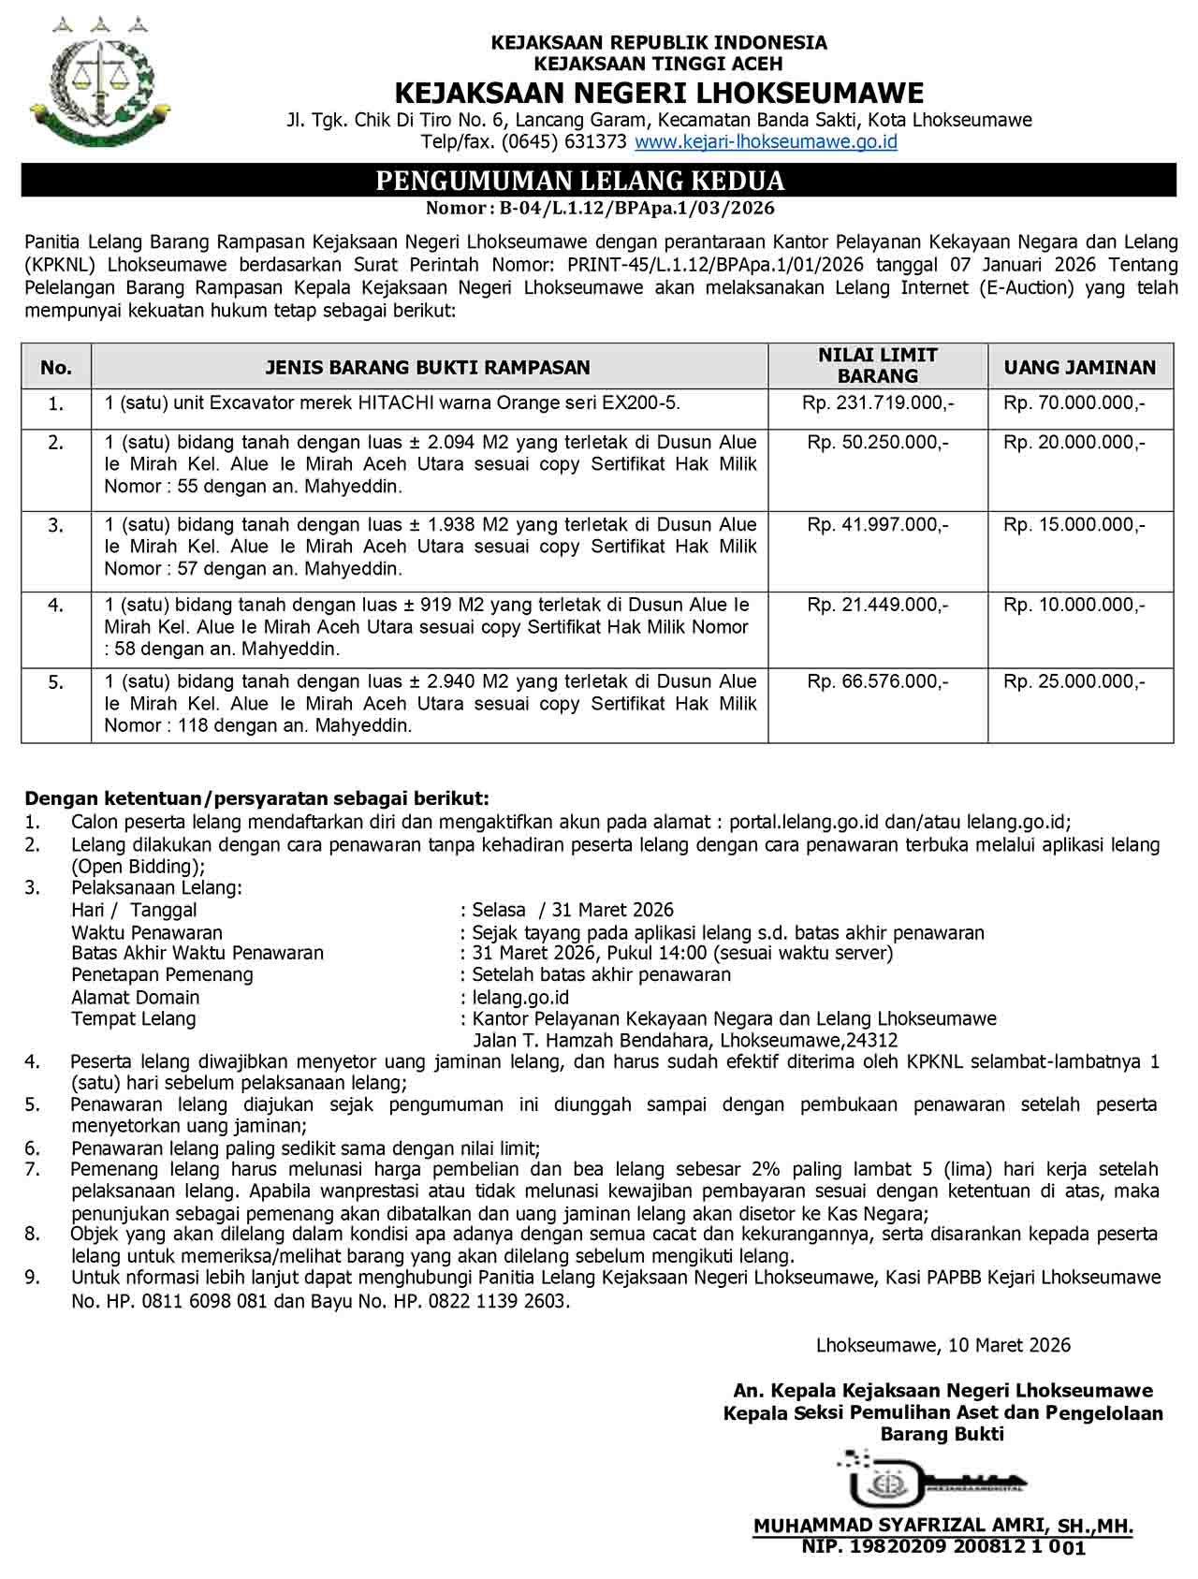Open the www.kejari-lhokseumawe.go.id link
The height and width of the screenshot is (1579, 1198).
(766, 142)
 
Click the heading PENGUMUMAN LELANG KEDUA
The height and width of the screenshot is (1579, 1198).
(580, 181)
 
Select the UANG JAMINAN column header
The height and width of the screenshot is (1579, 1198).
(1079, 367)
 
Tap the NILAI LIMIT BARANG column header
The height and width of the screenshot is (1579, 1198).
(877, 365)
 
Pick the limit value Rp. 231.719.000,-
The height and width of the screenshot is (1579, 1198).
(878, 403)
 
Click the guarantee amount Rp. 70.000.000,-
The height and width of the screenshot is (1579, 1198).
(1074, 403)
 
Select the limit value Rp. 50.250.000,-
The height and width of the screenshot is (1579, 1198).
(878, 442)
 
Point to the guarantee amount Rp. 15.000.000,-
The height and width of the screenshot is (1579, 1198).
(1074, 524)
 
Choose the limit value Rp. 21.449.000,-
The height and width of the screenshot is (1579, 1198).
(878, 605)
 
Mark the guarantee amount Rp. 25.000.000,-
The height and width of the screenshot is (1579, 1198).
(1074, 681)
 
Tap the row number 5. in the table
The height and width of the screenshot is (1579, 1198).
(56, 682)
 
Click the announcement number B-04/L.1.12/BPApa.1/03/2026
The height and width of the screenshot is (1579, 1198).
(636, 208)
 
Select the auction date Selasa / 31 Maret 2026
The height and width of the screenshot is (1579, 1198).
(573, 910)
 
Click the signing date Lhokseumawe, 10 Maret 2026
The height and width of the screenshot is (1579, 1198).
(943, 1345)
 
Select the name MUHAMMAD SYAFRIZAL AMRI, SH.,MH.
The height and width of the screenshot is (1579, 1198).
(943, 1527)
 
